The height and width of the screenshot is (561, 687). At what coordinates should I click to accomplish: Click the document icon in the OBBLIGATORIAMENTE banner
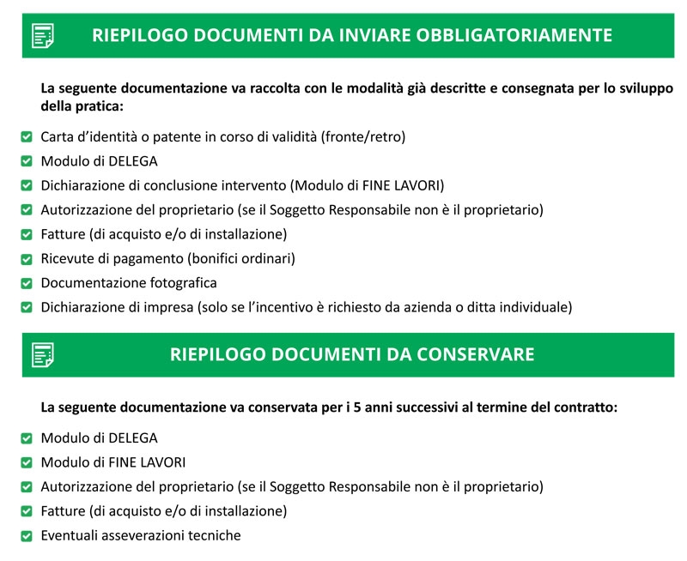[x=43, y=35]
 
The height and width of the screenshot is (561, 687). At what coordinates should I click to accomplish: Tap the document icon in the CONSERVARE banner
[x=43, y=354]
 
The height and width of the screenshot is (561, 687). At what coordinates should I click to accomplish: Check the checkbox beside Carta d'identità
[x=27, y=136]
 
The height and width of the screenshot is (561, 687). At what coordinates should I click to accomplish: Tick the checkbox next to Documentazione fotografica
[x=27, y=282]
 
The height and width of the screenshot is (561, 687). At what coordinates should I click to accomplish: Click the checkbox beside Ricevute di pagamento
[x=27, y=258]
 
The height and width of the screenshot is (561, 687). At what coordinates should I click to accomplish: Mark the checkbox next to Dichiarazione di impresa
[x=27, y=306]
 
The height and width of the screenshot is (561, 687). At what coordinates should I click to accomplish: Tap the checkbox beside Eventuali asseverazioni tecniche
[x=27, y=535]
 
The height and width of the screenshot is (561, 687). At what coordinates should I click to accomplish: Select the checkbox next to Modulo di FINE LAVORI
[x=27, y=462]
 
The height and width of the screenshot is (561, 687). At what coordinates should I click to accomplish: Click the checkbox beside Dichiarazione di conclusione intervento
[x=27, y=185]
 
